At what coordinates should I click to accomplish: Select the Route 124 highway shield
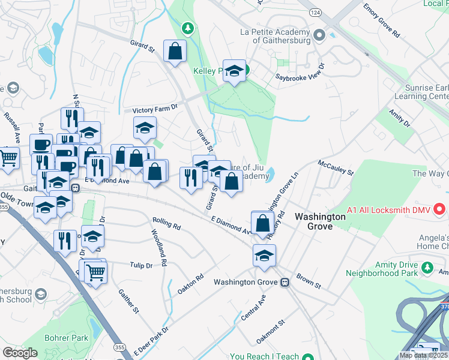tap(315, 12)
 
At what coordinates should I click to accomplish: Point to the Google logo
tap(20, 352)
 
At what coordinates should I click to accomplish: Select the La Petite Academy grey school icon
tap(318, 35)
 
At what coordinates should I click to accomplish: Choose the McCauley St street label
tap(336, 166)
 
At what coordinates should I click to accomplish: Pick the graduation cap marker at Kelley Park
tap(235, 70)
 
